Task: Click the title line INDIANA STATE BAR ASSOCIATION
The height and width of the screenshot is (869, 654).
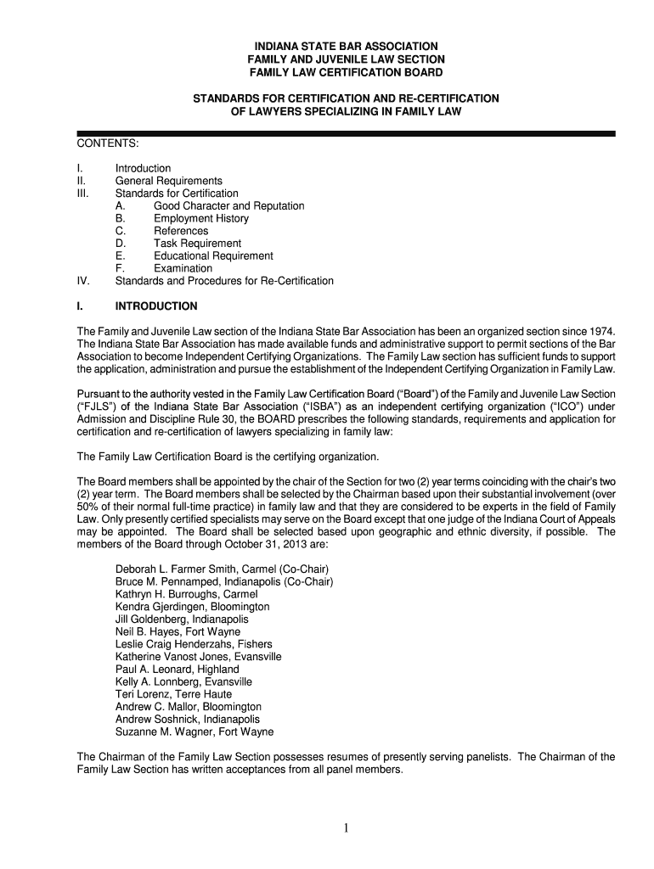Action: [346, 46]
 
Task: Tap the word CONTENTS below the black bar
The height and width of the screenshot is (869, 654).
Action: [108, 148]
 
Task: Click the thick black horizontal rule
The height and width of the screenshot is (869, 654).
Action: [346, 134]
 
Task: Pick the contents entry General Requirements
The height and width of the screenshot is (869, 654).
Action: [169, 181]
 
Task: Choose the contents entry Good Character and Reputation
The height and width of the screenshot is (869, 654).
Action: [228, 206]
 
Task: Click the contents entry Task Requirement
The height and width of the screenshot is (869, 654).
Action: [197, 244]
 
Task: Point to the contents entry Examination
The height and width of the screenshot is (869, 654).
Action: [183, 269]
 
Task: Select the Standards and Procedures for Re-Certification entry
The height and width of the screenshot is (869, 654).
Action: [224, 281]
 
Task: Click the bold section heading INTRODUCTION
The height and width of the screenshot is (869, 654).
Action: [156, 306]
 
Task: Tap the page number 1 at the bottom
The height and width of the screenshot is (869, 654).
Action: [347, 830]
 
